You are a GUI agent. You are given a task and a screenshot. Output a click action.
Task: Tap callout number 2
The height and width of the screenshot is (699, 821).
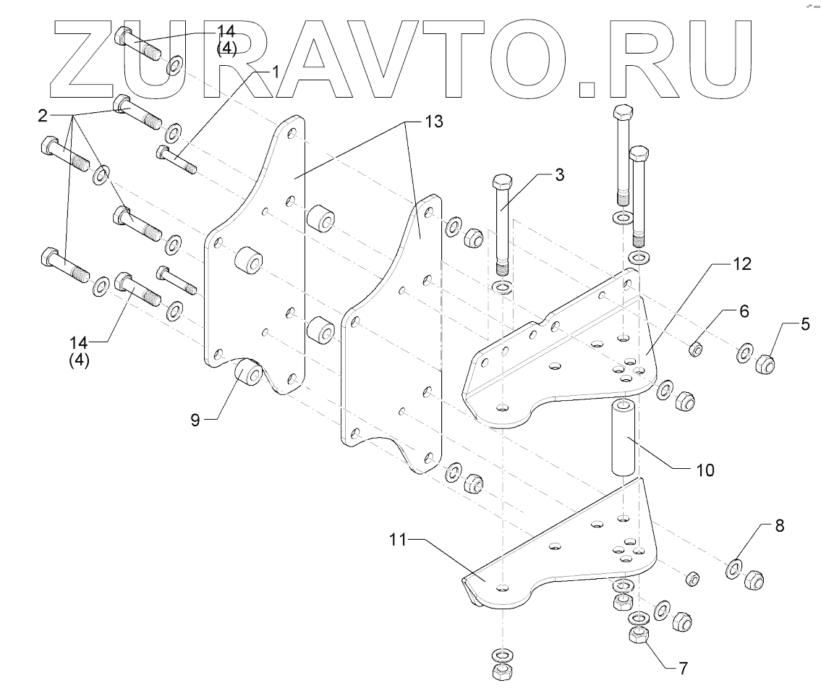[x=43, y=115]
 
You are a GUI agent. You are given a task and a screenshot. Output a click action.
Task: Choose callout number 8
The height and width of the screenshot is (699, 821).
[x=779, y=526]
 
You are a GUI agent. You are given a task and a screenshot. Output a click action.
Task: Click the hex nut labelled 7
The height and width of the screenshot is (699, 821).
[x=638, y=636]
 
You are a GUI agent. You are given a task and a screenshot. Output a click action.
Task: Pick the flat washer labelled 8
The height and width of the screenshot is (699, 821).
[x=733, y=568]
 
